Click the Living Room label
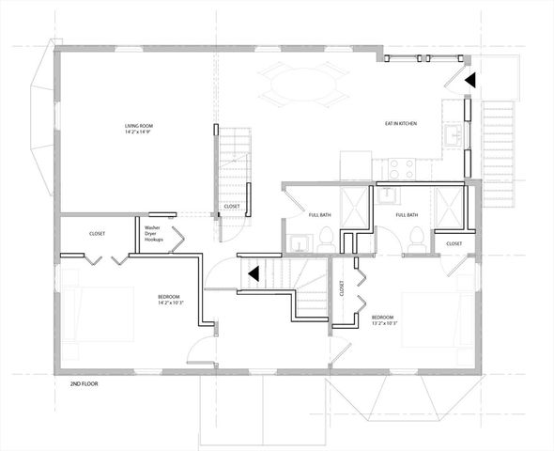143,126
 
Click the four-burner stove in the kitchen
403,169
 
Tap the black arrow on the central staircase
252,273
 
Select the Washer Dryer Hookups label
155,234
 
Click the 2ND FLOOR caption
85,384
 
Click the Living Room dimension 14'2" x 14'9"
143,132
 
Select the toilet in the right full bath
416,242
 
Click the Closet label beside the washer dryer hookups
98,234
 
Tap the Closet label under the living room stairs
231,207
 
